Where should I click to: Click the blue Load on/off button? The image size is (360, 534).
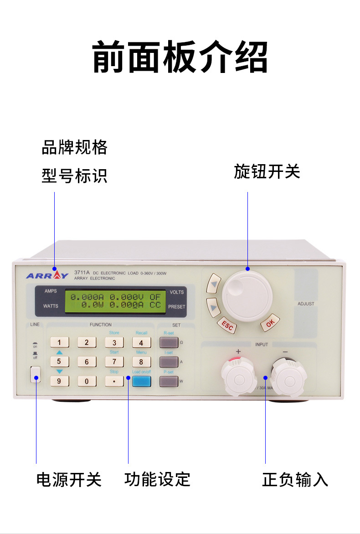(x=141, y=381)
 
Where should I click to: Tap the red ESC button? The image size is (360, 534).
(x=226, y=325)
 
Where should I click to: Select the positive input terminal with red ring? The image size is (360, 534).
(x=239, y=377)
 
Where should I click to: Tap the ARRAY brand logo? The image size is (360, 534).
(x=47, y=275)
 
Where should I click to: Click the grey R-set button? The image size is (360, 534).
(x=169, y=342)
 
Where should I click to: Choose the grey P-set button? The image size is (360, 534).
(x=169, y=381)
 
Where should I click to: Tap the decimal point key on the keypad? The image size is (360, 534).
(x=114, y=381)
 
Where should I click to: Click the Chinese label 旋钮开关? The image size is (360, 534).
(x=267, y=172)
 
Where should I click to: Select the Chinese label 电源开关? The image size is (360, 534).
(x=69, y=479)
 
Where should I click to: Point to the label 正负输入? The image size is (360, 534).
(x=295, y=479)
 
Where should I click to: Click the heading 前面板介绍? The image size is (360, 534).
(x=180, y=57)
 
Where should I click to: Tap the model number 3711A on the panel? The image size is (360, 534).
(x=81, y=273)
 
